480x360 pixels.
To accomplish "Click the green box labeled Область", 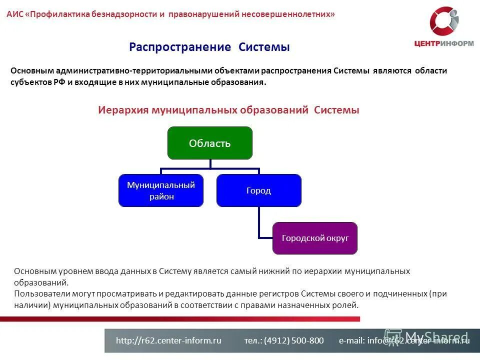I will click(x=209, y=143).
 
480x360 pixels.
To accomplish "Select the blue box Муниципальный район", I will click(x=161, y=190).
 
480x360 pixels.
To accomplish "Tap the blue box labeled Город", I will click(x=258, y=190).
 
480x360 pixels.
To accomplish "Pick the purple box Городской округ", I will click(x=315, y=238).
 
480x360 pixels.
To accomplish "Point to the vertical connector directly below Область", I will click(x=210, y=163).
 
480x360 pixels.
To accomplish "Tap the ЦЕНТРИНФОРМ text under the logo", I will click(x=444, y=43).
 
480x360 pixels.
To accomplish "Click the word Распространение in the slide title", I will click(x=180, y=47).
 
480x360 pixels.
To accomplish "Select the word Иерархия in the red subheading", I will click(x=123, y=110).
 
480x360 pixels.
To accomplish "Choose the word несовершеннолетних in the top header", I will click(x=288, y=14).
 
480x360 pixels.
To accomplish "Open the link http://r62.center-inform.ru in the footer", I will click(x=168, y=340).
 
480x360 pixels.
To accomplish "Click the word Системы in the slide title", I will click(x=264, y=47).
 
